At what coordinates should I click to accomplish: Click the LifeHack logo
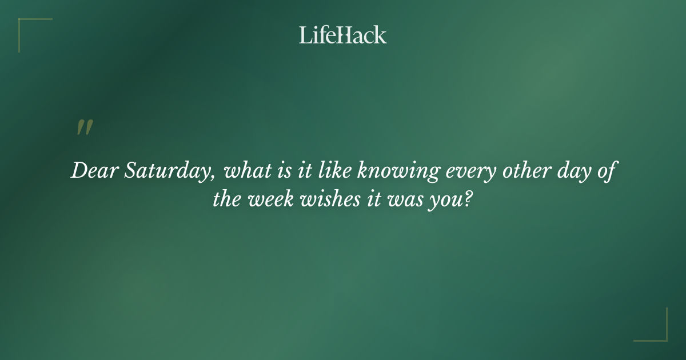[x=343, y=35]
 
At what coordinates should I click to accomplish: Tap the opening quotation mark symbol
[x=85, y=128]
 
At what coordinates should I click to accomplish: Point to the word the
[x=228, y=199]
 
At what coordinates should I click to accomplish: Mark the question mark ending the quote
[x=468, y=199]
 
